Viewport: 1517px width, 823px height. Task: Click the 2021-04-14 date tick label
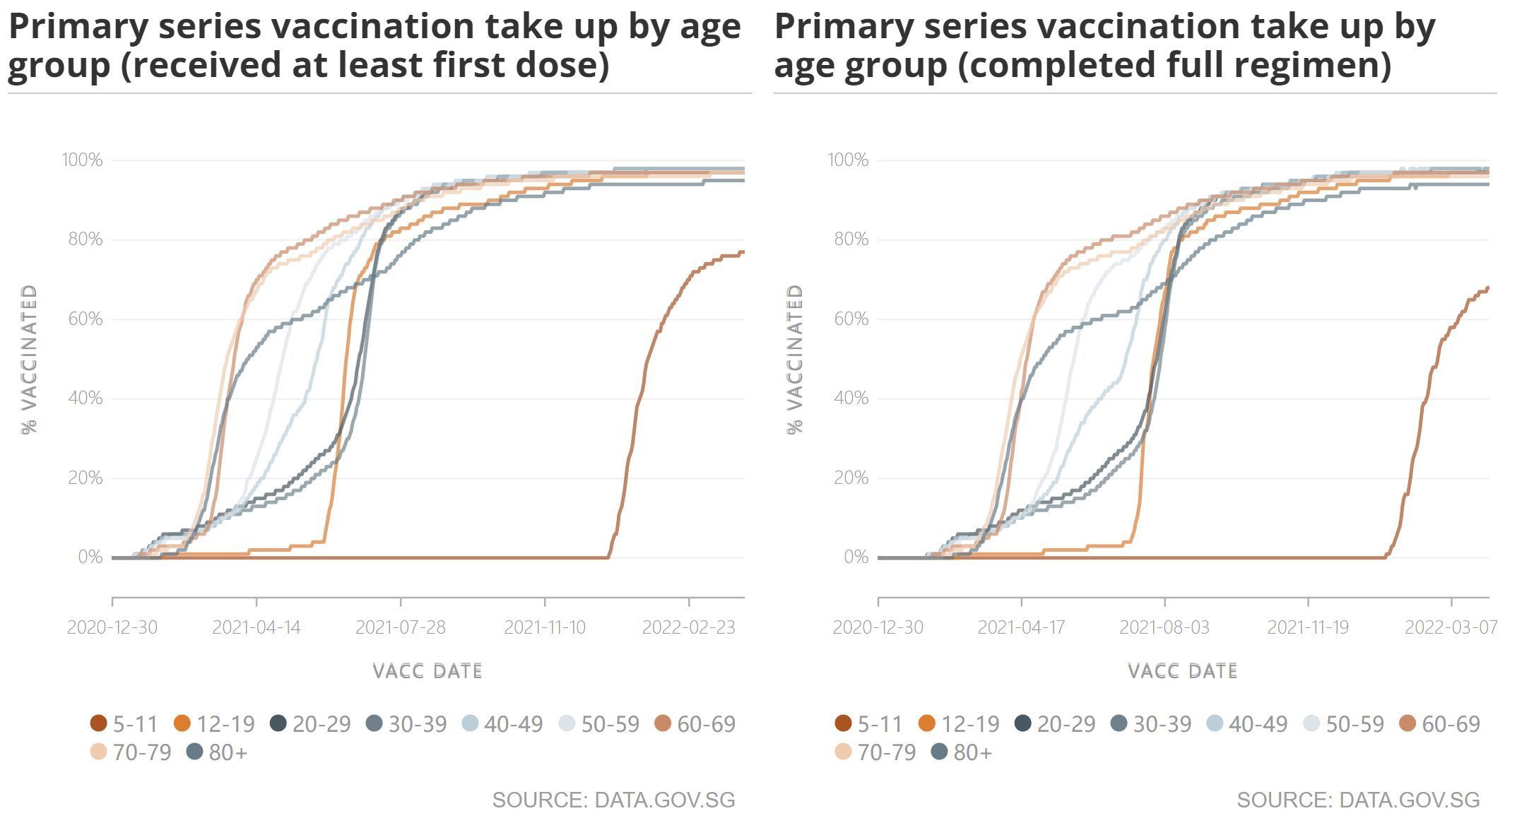(256, 627)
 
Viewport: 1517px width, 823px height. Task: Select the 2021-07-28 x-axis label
(400, 627)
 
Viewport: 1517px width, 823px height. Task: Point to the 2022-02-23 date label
(688, 627)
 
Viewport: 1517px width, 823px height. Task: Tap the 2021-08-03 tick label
(1164, 627)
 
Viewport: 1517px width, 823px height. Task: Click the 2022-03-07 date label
(1451, 627)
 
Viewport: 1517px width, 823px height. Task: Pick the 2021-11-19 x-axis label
(1308, 627)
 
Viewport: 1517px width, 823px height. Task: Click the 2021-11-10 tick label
(544, 627)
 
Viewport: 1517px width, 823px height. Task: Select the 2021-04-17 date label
(1021, 627)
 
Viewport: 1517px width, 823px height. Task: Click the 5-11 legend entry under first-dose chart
(124, 724)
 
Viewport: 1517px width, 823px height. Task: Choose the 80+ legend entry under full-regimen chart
(962, 753)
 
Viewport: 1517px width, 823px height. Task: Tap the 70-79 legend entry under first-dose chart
(131, 753)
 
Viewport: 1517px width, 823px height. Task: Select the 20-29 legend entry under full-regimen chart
(1055, 724)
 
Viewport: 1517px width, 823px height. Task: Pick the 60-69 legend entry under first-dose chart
(695, 724)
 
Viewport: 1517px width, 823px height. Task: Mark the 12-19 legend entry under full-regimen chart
(959, 724)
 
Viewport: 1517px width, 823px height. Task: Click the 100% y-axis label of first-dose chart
(82, 160)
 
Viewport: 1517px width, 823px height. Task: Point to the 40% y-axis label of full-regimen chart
(851, 398)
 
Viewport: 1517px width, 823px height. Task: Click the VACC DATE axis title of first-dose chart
(427, 671)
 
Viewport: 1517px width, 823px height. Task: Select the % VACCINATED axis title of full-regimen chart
(796, 359)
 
